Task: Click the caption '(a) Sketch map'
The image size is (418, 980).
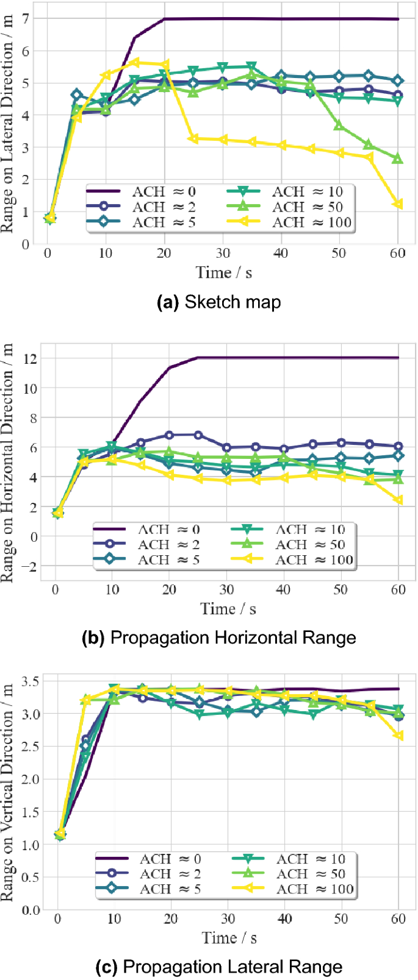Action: (219, 302)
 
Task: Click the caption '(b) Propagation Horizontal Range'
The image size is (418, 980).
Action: (218, 637)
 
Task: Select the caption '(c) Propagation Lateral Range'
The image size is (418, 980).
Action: (219, 967)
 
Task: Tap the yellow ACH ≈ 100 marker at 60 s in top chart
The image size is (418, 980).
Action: (398, 204)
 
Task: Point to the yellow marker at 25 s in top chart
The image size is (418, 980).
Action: (193, 138)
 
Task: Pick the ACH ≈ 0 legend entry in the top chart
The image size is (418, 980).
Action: (142, 191)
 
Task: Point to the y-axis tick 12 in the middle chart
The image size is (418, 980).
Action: (29, 358)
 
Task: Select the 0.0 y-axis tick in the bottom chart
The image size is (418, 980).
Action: (32, 910)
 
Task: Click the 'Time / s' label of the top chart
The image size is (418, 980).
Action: (223, 272)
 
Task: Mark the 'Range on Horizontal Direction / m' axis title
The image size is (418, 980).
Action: (8, 463)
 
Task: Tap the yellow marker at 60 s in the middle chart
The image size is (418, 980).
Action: (398, 500)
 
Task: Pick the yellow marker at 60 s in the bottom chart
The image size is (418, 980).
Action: (398, 736)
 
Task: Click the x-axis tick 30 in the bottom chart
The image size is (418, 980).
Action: (228, 918)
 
